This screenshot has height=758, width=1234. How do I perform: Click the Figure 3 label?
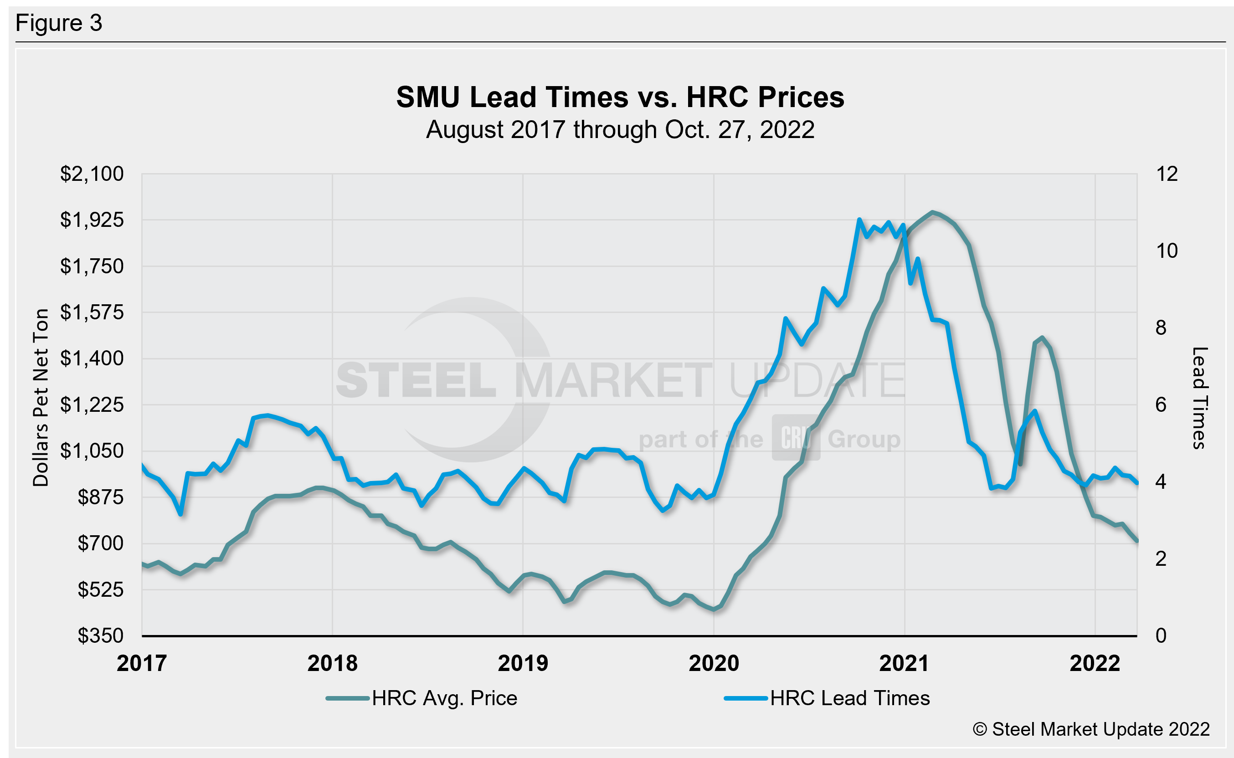(59, 23)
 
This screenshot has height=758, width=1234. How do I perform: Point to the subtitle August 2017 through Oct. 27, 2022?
(620, 130)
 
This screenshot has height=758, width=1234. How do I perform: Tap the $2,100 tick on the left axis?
(92, 174)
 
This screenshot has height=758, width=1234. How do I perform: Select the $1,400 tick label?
(92, 359)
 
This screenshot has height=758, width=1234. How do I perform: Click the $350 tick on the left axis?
(100, 635)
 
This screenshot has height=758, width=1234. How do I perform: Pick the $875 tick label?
(100, 497)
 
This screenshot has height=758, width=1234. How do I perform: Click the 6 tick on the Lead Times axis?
(1161, 405)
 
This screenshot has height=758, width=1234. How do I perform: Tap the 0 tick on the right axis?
(1161, 635)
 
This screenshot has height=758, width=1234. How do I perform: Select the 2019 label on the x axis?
(523, 664)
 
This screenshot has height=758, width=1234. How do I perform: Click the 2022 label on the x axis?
(1095, 664)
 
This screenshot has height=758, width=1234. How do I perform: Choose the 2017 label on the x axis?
(141, 664)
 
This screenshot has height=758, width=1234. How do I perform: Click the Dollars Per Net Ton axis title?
(41, 397)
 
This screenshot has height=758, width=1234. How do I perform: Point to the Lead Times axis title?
(1199, 398)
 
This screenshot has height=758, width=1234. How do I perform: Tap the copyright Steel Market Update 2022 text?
(1091, 729)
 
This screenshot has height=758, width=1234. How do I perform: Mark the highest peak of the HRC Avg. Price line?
(932, 212)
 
